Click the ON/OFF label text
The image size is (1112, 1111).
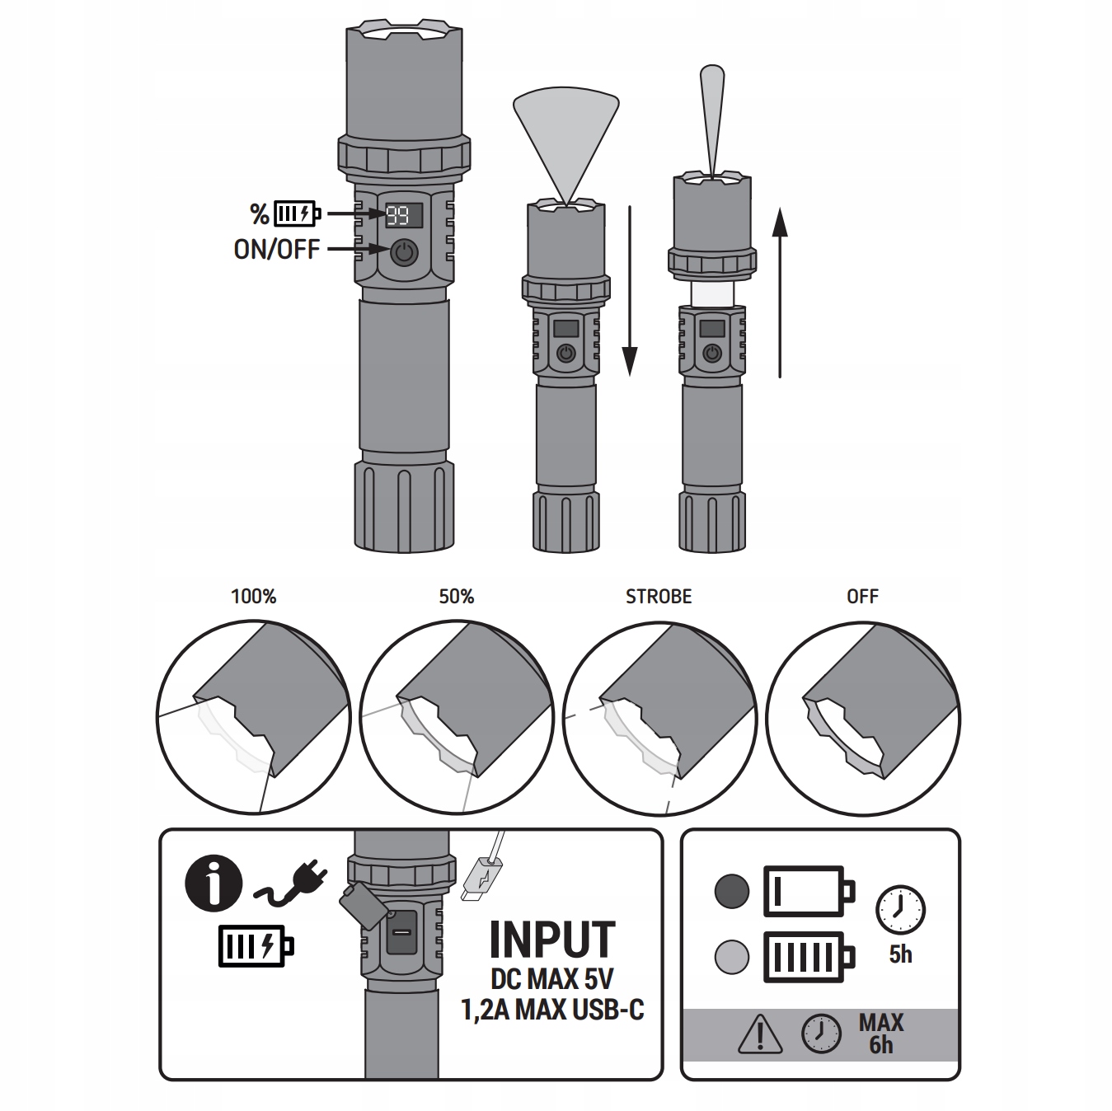click(276, 250)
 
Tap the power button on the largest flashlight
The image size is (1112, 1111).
click(404, 253)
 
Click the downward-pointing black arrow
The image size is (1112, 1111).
click(630, 292)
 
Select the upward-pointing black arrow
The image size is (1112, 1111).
click(780, 293)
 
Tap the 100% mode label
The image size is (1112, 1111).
click(253, 596)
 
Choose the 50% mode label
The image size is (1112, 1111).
click(457, 596)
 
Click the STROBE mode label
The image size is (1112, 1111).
click(659, 596)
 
